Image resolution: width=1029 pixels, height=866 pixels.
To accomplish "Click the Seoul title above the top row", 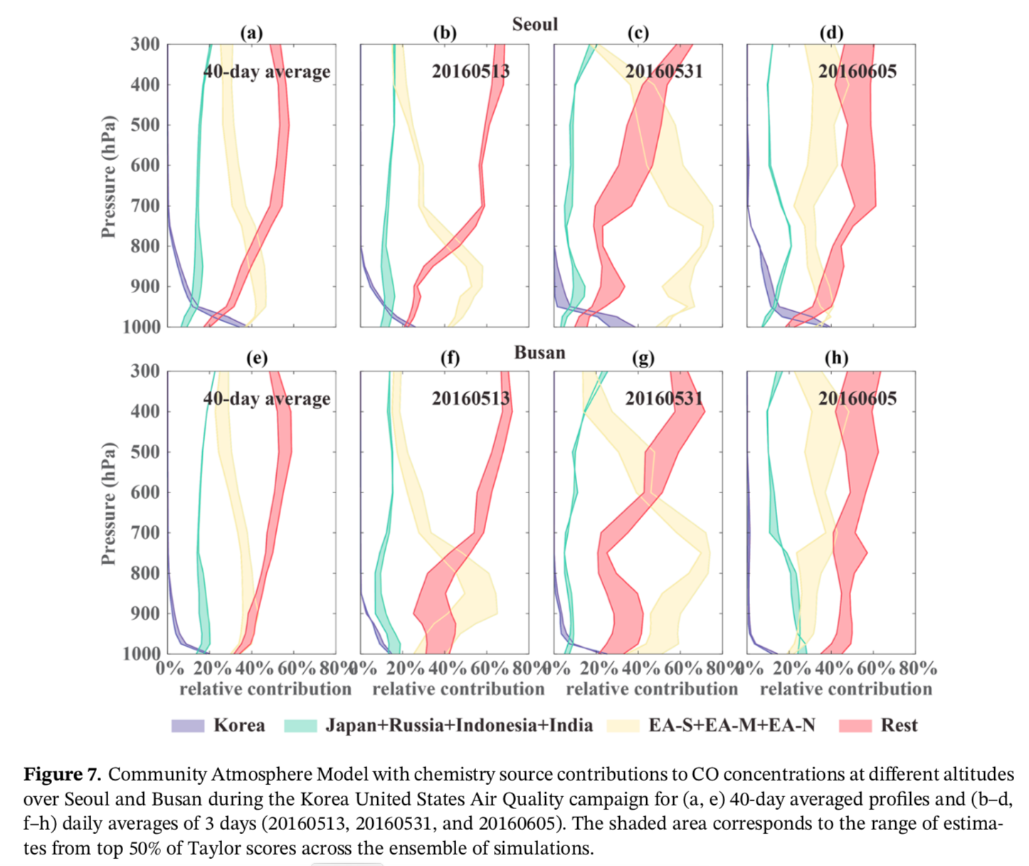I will [535, 24].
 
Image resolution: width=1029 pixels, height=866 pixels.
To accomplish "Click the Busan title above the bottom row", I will [539, 352].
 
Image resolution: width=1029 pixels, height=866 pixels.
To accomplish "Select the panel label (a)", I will [251, 33].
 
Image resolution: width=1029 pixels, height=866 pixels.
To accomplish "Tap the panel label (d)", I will [831, 33].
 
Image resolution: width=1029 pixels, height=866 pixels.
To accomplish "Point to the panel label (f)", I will [450, 357].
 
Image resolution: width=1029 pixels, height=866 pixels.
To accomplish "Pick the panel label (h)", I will [836, 357].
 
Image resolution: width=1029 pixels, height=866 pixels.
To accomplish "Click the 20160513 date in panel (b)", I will [470, 71].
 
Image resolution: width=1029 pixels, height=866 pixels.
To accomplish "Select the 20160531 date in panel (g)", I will [664, 398].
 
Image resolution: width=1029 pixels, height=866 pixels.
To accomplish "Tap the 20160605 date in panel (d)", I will [857, 71].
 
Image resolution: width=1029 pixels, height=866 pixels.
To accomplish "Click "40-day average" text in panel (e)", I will [267, 398].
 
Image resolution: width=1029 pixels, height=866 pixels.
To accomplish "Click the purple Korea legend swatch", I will [188, 726].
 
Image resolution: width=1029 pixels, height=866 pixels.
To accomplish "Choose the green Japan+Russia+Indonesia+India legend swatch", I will [300, 726].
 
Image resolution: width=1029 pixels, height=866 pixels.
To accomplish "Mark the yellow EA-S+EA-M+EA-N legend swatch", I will [623, 726].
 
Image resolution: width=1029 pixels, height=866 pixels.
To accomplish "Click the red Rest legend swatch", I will [855, 726].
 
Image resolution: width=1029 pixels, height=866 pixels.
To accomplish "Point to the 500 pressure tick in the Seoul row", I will [145, 125].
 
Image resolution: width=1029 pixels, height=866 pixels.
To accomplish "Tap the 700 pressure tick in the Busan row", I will [145, 532].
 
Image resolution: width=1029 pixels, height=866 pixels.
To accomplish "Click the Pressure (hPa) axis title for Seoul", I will [108, 176].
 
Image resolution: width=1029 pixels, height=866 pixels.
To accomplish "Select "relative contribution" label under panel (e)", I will [265, 689].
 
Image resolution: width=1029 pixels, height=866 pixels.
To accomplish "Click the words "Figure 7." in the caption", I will [63, 774].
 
